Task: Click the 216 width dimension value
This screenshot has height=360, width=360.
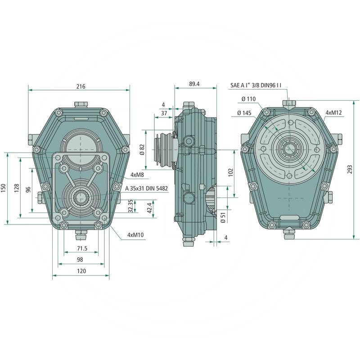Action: [81, 85]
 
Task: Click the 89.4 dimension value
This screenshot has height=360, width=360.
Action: [195, 84]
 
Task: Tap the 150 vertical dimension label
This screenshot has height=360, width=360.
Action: [4, 188]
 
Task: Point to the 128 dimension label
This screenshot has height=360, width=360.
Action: [17, 188]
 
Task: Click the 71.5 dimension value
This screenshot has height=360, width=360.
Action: [81, 248]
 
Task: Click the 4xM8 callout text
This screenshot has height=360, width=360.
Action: [137, 174]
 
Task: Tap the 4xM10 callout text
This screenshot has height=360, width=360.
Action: [135, 235]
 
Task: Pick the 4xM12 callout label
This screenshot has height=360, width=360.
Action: [334, 112]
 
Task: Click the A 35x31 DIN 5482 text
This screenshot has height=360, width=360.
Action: [147, 189]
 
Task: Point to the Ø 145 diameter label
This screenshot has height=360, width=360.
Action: [244, 113]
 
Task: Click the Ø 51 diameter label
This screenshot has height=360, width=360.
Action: [223, 218]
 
